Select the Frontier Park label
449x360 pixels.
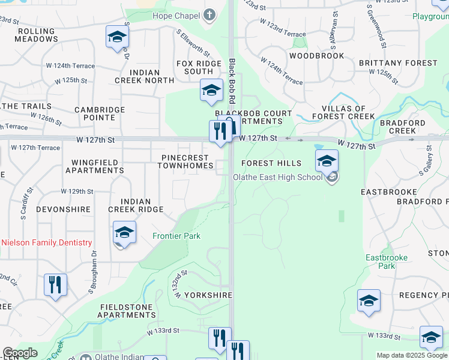(x=176, y=236)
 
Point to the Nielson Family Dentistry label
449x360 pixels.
(x=47, y=242)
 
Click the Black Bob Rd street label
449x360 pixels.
(x=232, y=80)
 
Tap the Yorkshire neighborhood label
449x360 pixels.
(x=208, y=295)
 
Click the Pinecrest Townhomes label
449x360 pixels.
(x=187, y=161)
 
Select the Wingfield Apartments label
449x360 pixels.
(x=97, y=166)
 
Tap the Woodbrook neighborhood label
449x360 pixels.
(x=316, y=56)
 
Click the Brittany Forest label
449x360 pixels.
(x=398, y=63)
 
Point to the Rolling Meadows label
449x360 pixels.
(x=38, y=35)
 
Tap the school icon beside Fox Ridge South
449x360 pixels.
(x=211, y=90)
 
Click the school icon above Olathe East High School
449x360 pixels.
(x=327, y=160)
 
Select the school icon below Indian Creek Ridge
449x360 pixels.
(x=124, y=232)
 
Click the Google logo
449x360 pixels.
(x=20, y=353)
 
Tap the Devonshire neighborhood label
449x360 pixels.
(x=63, y=209)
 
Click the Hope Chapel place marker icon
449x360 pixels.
(x=209, y=15)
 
